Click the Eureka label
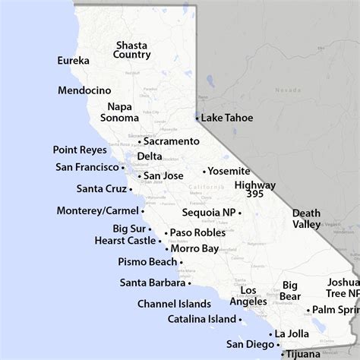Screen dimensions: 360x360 74,61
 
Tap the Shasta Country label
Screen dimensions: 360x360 131,49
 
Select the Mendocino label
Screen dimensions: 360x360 84,90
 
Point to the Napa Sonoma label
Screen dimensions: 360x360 121,112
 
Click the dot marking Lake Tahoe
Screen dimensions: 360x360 197,118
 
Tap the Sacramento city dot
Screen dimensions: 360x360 140,142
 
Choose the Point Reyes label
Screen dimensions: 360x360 79,150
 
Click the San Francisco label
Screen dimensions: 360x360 88,167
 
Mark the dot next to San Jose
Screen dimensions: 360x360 139,176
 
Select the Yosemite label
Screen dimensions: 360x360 229,171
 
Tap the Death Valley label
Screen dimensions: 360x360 306,219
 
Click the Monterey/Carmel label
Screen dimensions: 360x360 97,210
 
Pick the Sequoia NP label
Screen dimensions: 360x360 210,213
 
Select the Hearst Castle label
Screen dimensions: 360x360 125,240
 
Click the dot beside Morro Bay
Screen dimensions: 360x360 166,248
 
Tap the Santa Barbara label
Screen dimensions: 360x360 152,283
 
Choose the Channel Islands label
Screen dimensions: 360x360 175,303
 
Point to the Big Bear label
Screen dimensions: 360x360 290,291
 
